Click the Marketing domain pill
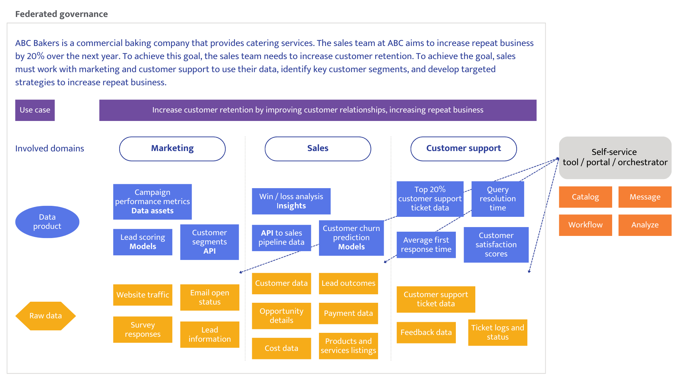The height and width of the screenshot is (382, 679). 172,149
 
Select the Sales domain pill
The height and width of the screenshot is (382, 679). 318,149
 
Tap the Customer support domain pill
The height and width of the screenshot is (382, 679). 463,149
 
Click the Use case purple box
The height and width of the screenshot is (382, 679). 35,110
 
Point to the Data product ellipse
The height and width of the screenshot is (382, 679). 47,222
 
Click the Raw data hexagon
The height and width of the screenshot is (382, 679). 45,316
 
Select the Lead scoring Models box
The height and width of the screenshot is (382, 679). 143,242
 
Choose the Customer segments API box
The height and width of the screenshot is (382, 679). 209,242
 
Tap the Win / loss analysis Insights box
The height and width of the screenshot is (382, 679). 291,201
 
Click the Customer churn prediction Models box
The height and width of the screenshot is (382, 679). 351,238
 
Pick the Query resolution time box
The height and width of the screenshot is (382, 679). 498,199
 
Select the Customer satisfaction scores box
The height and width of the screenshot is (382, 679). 496,245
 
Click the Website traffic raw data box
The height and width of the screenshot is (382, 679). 143,295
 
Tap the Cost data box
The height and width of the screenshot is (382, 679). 281,348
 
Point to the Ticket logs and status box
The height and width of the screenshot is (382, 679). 498,332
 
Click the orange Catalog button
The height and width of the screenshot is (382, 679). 585,197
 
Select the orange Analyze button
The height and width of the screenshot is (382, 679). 645,225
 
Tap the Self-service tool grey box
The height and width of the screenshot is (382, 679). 615,157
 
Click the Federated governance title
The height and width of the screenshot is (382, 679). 62,14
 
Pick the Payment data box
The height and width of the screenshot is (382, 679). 348,313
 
